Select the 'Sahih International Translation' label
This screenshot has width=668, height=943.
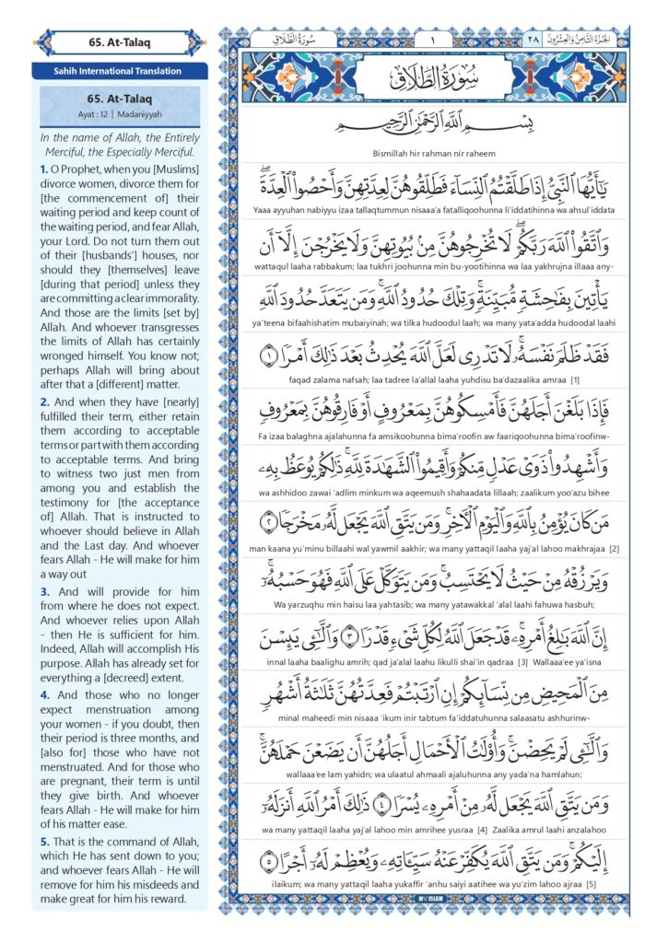pyautogui.click(x=119, y=71)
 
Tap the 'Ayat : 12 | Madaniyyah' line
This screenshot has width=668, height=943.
pyautogui.click(x=119, y=114)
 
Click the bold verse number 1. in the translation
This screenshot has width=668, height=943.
pyautogui.click(x=44, y=169)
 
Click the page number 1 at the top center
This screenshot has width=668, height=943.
pyautogui.click(x=431, y=40)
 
